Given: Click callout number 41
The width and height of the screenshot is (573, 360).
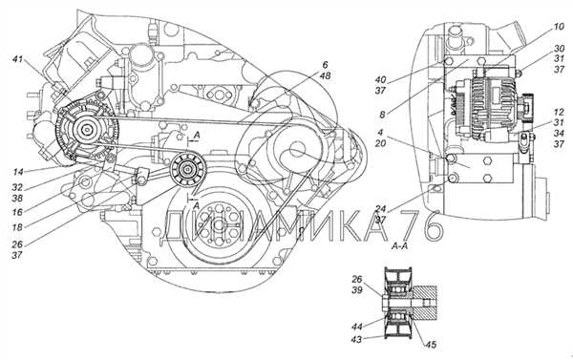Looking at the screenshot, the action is click(17, 59).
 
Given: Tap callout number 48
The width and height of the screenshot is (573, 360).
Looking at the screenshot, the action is click(325, 76).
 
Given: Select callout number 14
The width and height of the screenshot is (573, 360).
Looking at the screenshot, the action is click(18, 172).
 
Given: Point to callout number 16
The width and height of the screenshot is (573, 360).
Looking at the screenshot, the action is click(17, 212).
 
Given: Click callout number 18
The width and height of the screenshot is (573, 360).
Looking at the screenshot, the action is click(17, 227).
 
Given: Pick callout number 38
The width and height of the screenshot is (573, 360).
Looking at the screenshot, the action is click(17, 198).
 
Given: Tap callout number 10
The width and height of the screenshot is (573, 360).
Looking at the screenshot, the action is click(559, 27).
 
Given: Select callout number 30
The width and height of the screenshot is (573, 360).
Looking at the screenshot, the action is click(559, 49).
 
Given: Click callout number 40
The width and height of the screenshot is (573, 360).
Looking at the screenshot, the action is click(380, 79).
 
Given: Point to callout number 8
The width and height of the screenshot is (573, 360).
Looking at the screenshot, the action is click(382, 115).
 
